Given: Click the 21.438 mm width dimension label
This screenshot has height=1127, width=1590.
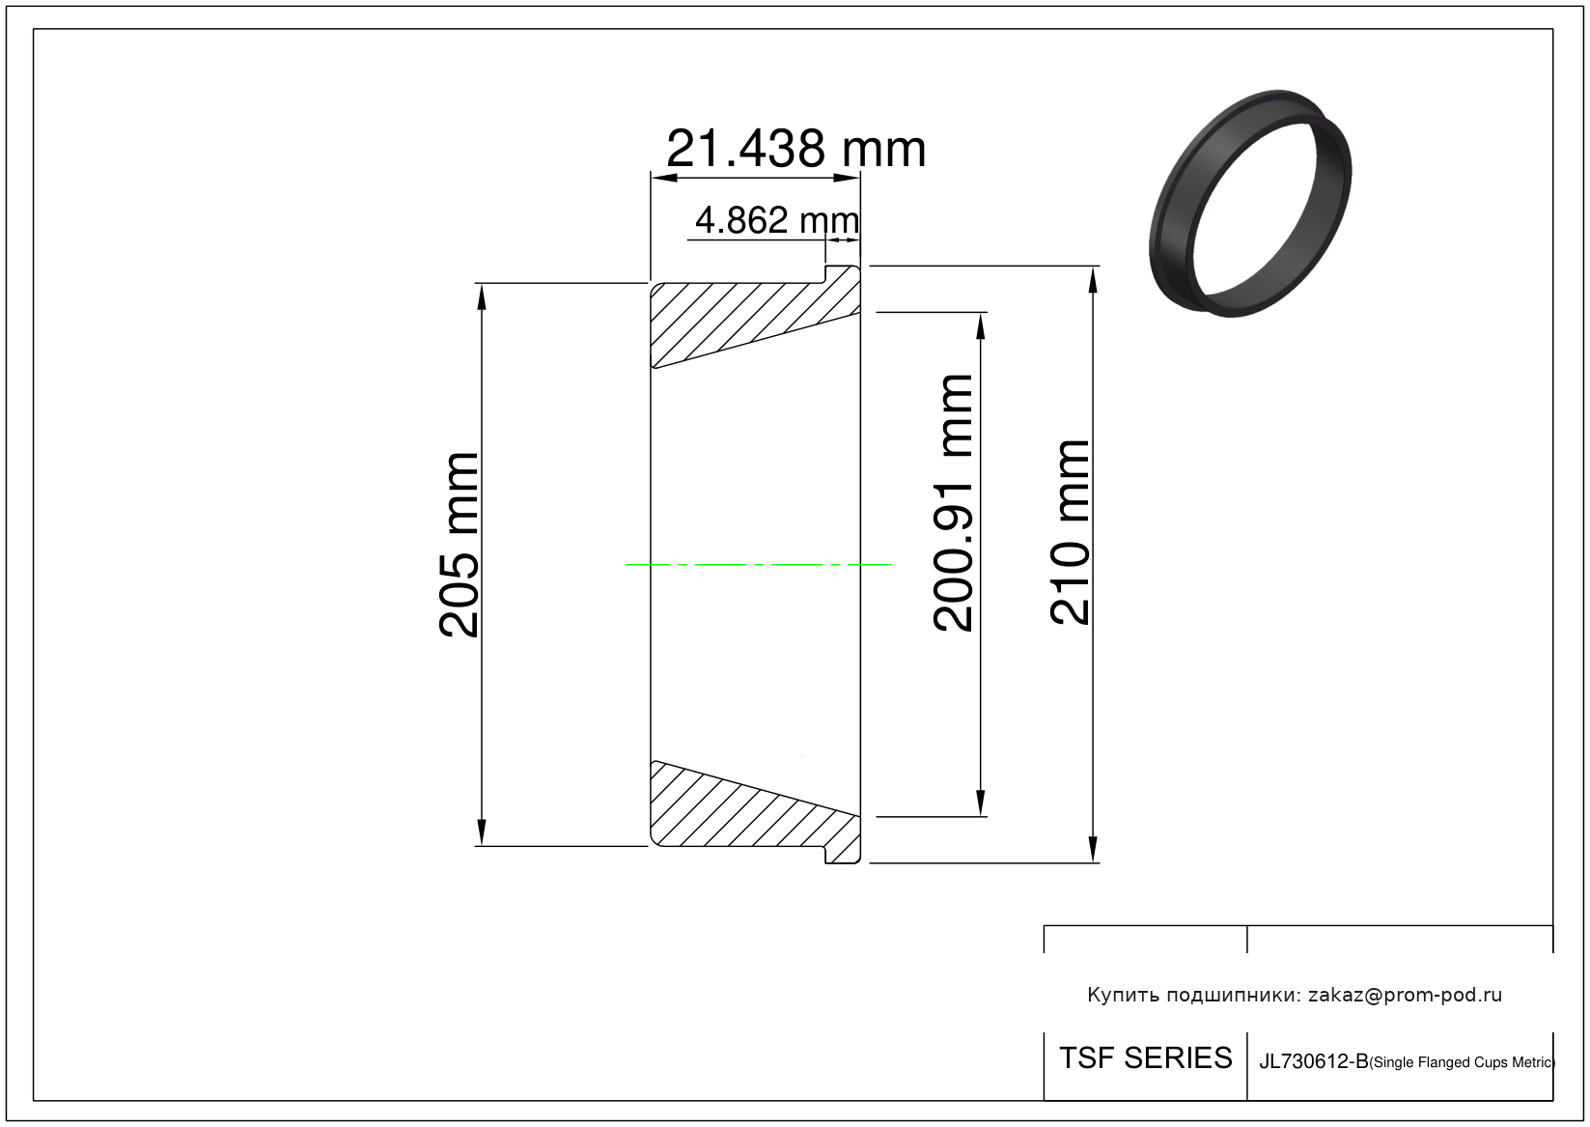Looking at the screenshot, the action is click(x=795, y=149).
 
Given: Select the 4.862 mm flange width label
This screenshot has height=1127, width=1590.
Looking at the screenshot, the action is click(x=777, y=220).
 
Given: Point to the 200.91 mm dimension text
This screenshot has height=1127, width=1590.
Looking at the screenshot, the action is click(x=953, y=503).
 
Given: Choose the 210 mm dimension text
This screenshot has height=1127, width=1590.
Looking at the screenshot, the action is click(x=1070, y=533).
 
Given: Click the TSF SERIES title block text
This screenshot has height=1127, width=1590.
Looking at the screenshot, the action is click(x=1145, y=1058).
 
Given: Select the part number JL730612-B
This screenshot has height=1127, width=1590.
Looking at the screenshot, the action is click(x=1313, y=1061).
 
